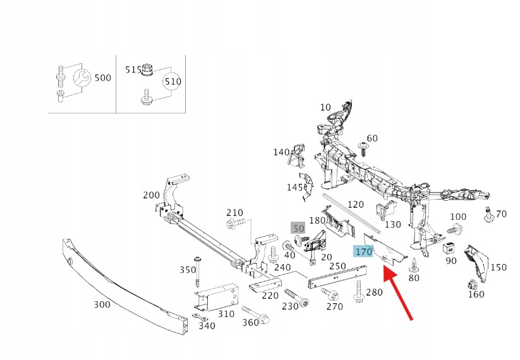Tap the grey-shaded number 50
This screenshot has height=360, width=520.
pyautogui.click(x=298, y=228)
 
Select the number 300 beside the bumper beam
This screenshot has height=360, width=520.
pyautogui.click(x=102, y=304)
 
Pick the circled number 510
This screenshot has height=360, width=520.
pyautogui.click(x=172, y=81)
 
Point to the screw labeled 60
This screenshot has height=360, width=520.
pyautogui.click(x=363, y=147)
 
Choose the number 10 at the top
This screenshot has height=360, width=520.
pyautogui.click(x=325, y=107)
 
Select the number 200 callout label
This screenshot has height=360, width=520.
pyautogui.click(x=152, y=195)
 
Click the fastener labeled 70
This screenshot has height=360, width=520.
pyautogui.click(x=488, y=215)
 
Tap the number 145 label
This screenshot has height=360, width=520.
pyautogui.click(x=295, y=187)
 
